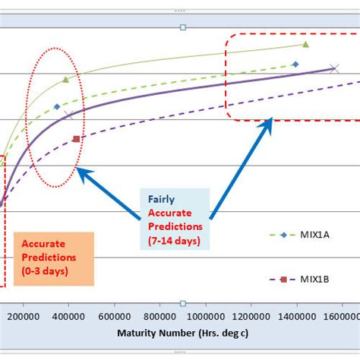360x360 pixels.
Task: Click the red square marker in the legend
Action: point(283,279)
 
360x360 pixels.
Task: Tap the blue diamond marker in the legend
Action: point(283,235)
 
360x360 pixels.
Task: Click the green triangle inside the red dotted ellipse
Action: point(65,78)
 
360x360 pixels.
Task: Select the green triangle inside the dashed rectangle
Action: point(305,45)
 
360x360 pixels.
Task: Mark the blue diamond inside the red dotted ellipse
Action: point(57,106)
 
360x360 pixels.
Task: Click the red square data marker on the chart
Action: point(76,139)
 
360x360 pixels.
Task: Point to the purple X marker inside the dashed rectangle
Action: point(335,68)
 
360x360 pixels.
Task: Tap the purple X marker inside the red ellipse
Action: point(69,115)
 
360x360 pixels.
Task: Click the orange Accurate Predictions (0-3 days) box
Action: point(53,259)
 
